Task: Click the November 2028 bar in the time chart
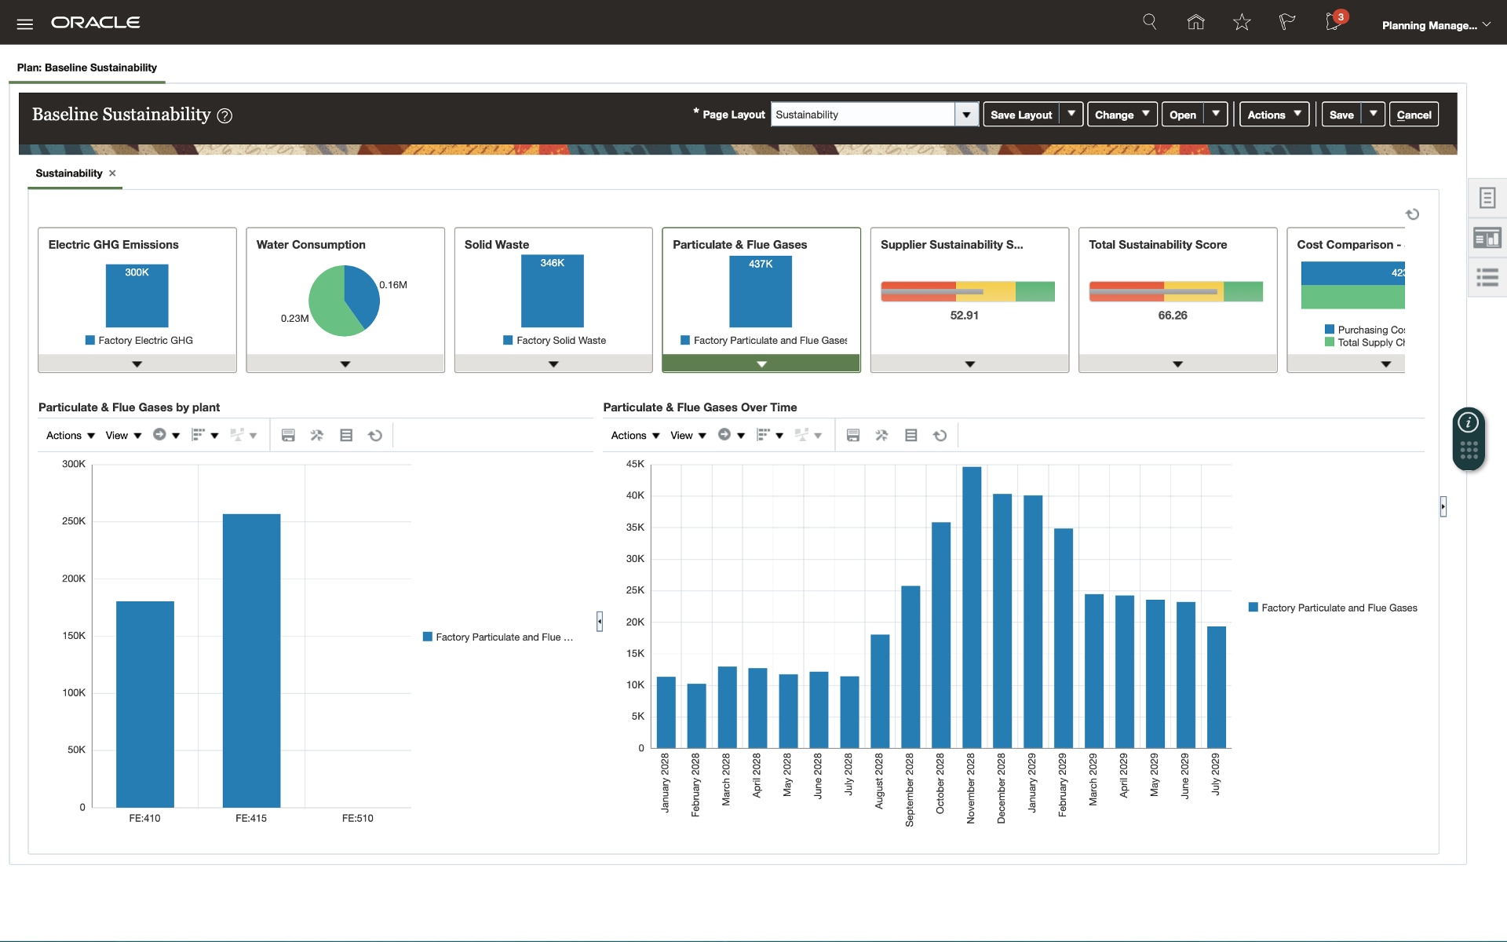(x=972, y=608)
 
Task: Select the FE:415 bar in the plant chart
(x=251, y=660)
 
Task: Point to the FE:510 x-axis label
(x=357, y=818)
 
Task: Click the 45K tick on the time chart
(x=635, y=464)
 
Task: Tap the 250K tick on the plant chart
(x=74, y=521)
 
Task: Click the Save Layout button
(x=1020, y=115)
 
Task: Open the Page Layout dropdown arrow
(x=966, y=115)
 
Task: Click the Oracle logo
(x=96, y=23)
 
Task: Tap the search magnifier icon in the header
(x=1150, y=22)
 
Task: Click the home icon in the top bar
(x=1195, y=22)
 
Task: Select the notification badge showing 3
(x=1341, y=16)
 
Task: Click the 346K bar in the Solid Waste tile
(x=553, y=294)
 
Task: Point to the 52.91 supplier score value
(x=964, y=316)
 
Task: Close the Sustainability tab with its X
(x=112, y=173)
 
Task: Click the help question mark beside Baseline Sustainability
(x=224, y=116)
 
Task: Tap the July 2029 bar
(x=1216, y=687)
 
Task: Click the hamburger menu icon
(x=25, y=24)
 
